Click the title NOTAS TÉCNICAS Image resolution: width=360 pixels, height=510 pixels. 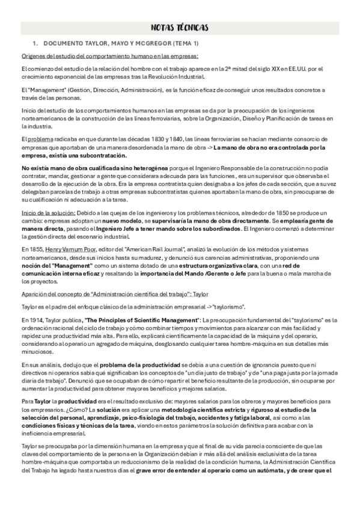click(180, 28)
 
